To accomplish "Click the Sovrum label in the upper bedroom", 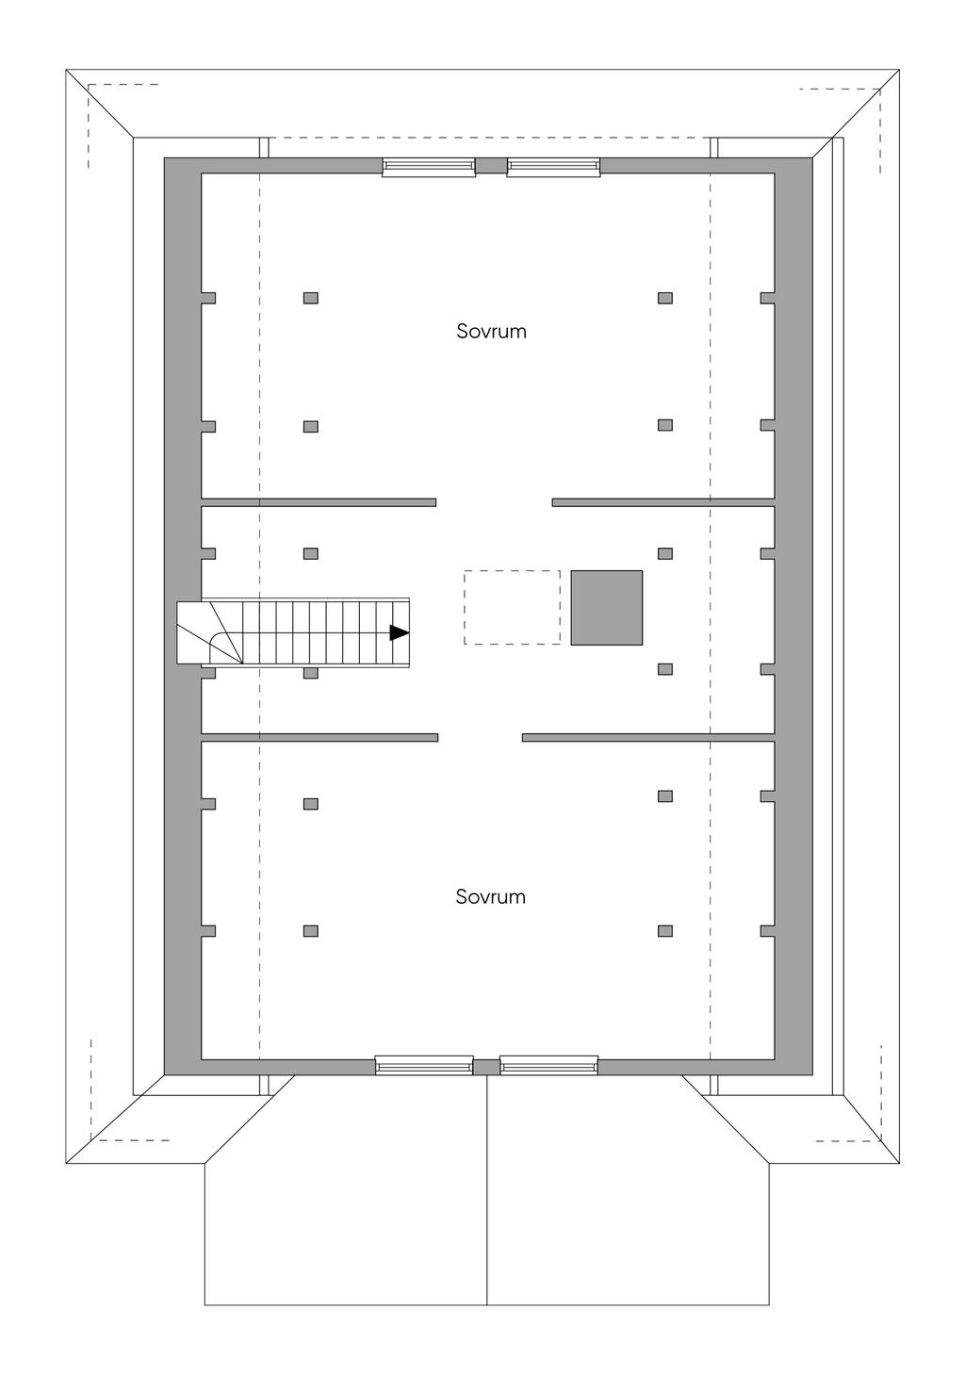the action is pos(491,332).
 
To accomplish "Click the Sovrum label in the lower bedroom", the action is pos(490,897).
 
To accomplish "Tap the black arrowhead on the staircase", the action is pos(399,633).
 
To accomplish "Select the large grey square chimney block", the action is pos(607,608).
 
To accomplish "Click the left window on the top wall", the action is pos(429,167).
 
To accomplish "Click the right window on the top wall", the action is pos(553,167).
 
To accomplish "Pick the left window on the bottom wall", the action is pos(424,1065).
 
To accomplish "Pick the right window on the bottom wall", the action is pos(548,1065).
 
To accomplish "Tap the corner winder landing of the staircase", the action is pos(210,633).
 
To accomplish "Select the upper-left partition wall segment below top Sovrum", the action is pos(319,502).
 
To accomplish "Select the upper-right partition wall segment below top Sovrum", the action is pos(663,502).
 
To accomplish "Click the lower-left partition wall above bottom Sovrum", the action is pos(319,737).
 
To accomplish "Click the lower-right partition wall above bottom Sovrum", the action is pos(648,737).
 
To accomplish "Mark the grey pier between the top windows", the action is pos(491,166).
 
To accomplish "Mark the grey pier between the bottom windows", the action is pos(486,1067).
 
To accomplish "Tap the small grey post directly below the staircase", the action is pos(311,674).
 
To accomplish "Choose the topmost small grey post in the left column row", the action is pos(311,299).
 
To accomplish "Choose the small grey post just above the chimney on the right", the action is pos(664,554).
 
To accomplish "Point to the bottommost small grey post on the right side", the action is pos(664,931).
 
